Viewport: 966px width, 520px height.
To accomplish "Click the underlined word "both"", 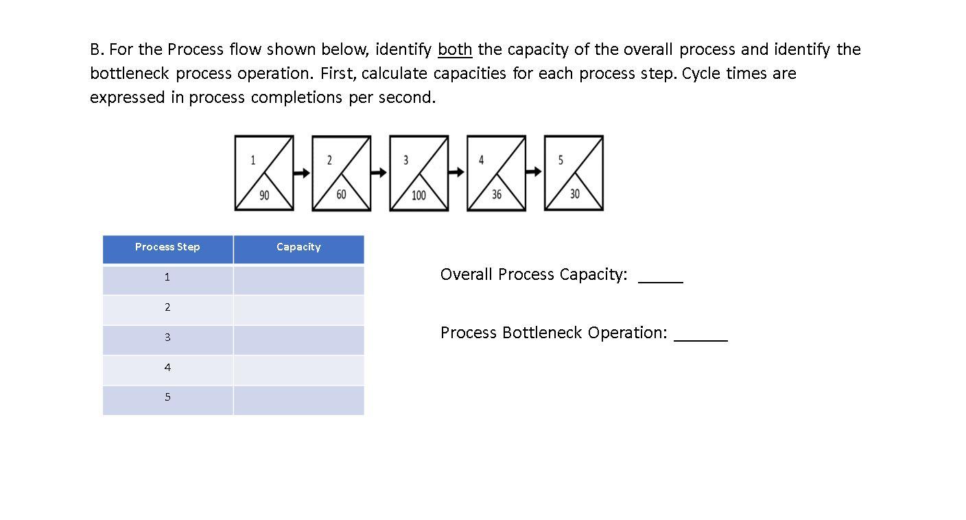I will tap(454, 49).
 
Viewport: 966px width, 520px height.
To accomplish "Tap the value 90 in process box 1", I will tap(264, 196).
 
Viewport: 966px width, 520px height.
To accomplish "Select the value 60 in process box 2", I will tap(341, 195).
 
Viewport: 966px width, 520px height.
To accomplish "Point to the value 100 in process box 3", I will tap(419, 196).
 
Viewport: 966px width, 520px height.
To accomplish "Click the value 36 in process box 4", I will tap(496, 195).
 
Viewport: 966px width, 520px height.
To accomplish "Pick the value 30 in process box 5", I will tap(574, 194).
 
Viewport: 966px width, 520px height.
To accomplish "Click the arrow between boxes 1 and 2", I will tap(303, 173).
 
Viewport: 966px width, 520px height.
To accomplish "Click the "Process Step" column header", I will tap(167, 247).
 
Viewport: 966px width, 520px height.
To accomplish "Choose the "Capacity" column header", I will tap(298, 247).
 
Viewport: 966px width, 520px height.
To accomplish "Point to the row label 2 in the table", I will tap(167, 307).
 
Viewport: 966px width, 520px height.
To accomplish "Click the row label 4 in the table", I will tap(167, 368).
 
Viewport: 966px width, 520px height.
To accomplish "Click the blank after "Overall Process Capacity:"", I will tap(661, 276).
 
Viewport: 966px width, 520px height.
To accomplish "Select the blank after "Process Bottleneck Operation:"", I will tap(700, 335).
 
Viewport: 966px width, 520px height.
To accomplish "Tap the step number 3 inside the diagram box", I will tap(405, 160).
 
